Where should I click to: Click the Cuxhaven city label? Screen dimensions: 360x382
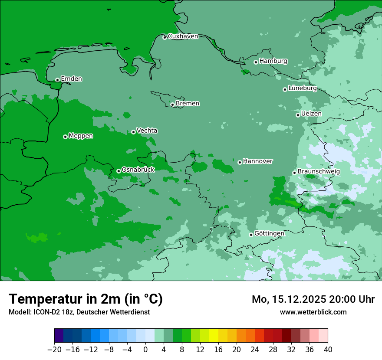tap(183, 36)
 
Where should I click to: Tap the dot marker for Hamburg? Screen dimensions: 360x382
tap(256, 62)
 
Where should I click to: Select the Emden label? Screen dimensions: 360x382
tap(71, 79)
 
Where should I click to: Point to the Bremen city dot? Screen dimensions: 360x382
tap(172, 105)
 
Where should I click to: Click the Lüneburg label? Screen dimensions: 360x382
tap(302, 88)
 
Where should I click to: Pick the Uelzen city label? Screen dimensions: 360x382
tap(311, 114)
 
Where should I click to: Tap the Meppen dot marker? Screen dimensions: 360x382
tap(65, 137)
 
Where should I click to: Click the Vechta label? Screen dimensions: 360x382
tap(147, 131)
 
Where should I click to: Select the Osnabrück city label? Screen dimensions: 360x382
tap(138, 170)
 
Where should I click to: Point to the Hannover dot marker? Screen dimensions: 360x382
tap(240, 162)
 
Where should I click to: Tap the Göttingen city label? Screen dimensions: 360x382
tap(269, 233)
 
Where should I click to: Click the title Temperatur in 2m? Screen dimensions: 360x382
tap(86, 299)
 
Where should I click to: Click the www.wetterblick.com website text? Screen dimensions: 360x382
tap(313, 312)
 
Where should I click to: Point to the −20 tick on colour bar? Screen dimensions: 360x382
tap(54, 350)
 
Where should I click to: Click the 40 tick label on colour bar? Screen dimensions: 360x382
tap(328, 350)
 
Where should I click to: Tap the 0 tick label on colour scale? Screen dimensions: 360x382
tap(145, 350)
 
